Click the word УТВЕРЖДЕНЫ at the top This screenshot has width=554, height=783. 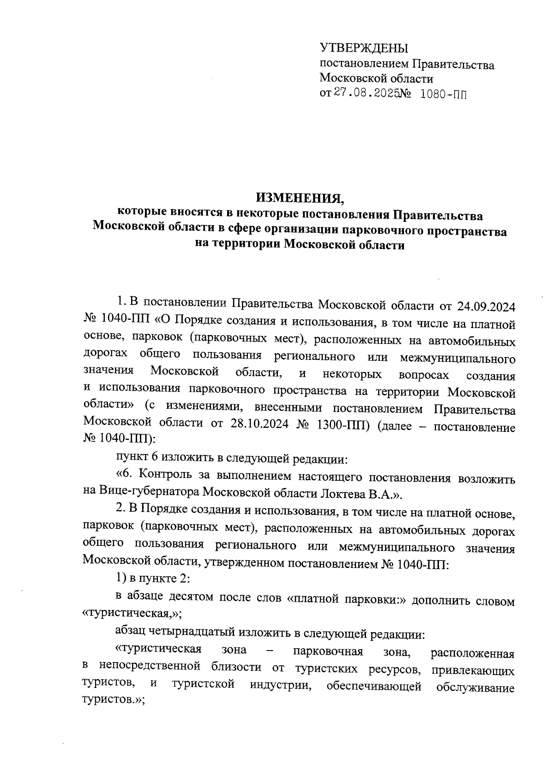point(364,48)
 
